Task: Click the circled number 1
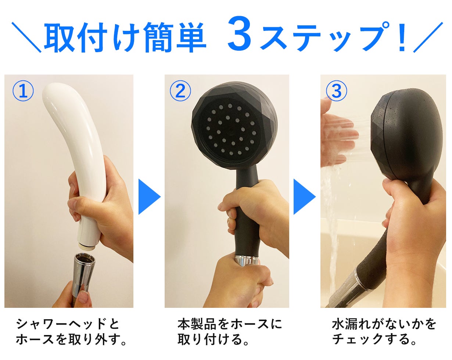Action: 23,91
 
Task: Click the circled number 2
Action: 180,91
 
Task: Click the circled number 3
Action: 336,91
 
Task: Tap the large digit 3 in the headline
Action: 240,33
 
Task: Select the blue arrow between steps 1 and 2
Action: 149,197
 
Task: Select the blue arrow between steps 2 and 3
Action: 304,197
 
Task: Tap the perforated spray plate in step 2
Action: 230,130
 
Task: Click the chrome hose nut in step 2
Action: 248,260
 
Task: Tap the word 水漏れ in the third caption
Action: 351,324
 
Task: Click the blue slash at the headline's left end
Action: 26,37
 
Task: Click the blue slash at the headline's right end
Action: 428,37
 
